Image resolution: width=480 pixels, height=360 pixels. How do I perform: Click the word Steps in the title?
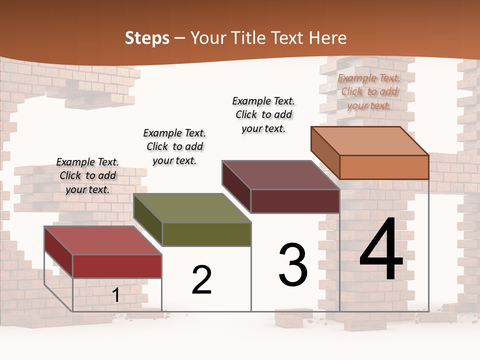(147, 38)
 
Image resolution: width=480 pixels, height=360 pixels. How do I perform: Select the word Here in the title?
(327, 38)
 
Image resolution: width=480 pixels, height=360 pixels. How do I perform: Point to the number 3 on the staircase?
(293, 265)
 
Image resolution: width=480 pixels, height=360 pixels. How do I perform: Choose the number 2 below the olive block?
(201, 280)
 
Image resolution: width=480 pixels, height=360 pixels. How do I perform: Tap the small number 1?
(116, 295)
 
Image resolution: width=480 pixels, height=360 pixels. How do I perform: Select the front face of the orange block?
(384, 167)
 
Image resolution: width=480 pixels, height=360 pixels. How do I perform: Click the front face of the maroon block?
(295, 201)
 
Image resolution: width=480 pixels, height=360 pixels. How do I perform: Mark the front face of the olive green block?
(206, 234)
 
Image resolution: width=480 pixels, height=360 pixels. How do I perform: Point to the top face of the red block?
(103, 240)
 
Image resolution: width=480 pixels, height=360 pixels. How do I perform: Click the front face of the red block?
(117, 266)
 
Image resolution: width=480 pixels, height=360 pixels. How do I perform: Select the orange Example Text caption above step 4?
(369, 91)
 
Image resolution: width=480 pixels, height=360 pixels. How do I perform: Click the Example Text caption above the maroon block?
(263, 114)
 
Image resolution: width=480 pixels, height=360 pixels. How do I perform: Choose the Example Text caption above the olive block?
(174, 146)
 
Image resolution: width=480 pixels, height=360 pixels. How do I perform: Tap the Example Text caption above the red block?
(87, 175)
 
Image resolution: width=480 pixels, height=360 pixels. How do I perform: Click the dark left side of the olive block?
(147, 220)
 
